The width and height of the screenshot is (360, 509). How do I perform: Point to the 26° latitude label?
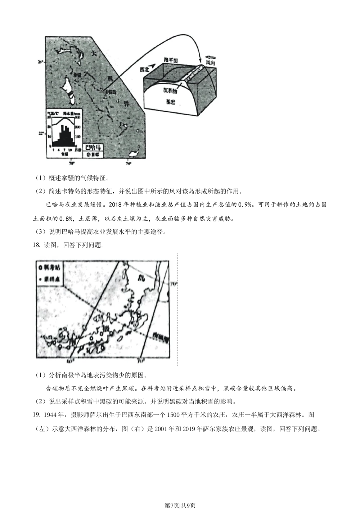[40, 62]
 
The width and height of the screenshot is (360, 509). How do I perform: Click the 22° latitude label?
[41, 134]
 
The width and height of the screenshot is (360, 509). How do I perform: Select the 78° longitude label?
[72, 163]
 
